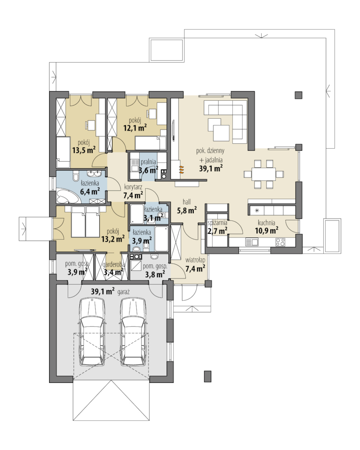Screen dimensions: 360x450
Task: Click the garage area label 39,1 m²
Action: [x=103, y=292]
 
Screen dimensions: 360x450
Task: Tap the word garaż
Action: [x=124, y=292]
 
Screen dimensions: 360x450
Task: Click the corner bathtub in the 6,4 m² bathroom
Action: [x=67, y=196]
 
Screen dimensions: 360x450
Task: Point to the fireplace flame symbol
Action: [x=181, y=170]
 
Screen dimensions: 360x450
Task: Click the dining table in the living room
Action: [x=264, y=174]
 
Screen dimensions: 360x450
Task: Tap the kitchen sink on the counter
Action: [x=252, y=242]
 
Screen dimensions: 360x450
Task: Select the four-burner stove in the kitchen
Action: [x=280, y=242]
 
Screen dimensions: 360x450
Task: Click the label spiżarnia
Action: [x=217, y=223]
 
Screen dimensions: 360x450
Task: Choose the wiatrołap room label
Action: [x=195, y=260]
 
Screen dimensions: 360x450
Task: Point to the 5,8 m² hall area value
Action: [x=186, y=211]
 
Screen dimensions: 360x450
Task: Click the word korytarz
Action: [x=133, y=187]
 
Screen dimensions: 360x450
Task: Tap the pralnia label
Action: [x=148, y=162]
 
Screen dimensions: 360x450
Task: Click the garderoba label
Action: [x=114, y=265]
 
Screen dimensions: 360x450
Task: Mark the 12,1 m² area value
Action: [x=135, y=128]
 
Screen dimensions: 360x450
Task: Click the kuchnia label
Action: [x=266, y=222]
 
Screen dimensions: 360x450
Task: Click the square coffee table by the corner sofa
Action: [x=221, y=133]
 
